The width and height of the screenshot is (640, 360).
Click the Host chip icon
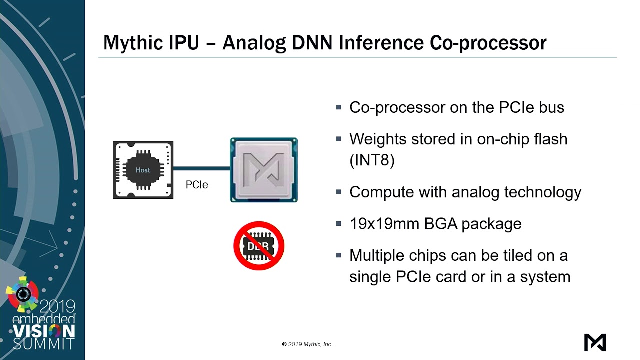point(143,170)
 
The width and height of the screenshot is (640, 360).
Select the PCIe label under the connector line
point(197,185)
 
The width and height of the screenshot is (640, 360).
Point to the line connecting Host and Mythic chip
point(201,169)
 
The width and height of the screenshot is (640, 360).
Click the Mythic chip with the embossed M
point(264,170)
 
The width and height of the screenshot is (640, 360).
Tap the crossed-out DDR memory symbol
point(259,246)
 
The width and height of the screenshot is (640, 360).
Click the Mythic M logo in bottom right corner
point(595,342)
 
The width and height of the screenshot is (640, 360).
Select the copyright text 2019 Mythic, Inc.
point(307,344)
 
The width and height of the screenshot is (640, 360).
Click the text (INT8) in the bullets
point(372,160)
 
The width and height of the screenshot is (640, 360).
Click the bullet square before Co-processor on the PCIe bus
point(339,107)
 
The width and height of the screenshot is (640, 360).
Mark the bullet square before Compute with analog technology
point(339,192)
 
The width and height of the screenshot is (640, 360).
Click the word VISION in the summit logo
point(44,331)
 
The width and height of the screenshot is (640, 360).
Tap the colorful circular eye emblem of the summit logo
point(23,294)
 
